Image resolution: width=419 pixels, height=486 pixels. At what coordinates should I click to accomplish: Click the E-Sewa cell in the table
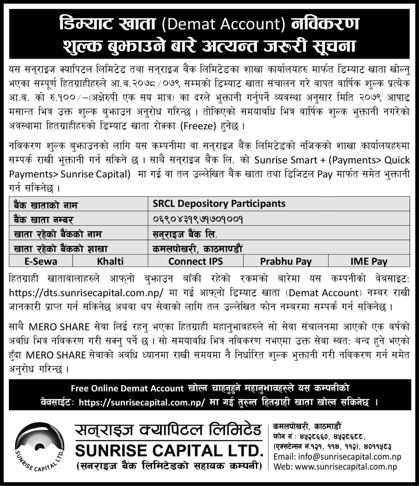[x=41, y=261]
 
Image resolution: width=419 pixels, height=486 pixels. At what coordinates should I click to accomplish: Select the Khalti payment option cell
[x=110, y=261]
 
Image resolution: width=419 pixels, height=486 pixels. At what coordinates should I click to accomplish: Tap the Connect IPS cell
[x=195, y=261]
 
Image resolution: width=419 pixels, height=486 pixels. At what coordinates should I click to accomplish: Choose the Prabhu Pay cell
[x=286, y=261]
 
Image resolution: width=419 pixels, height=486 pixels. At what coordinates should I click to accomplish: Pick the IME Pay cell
[x=369, y=261]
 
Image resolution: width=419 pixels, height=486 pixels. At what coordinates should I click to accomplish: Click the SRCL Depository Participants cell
[x=219, y=204]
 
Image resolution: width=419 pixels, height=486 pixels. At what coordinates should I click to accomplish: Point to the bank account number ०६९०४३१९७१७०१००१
[x=198, y=219]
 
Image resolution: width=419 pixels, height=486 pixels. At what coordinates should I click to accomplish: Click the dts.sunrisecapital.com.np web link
[x=86, y=293]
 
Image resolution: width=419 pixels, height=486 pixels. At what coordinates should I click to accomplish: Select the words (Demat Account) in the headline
[x=223, y=24]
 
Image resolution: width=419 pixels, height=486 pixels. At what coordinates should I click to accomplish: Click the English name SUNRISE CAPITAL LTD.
[x=169, y=450]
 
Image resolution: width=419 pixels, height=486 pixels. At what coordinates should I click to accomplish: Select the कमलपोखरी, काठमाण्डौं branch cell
[x=197, y=249]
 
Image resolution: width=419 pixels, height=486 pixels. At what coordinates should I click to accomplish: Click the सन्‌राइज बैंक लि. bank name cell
[x=185, y=234]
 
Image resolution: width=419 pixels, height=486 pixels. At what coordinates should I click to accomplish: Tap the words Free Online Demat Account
[x=127, y=388]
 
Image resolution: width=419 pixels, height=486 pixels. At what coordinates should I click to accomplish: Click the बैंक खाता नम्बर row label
[x=43, y=220]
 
